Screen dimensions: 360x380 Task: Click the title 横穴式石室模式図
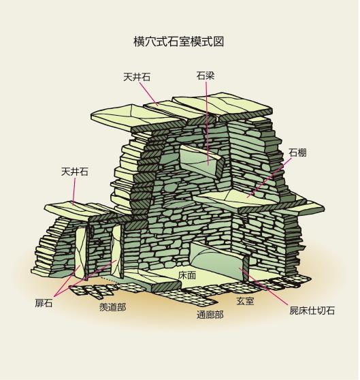click(179, 42)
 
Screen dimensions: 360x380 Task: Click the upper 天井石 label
click(137, 77)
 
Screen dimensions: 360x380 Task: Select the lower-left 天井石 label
click(75, 172)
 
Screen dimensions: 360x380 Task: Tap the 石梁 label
click(206, 76)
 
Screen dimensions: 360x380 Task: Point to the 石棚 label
click(297, 153)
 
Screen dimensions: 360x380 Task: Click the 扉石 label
click(44, 303)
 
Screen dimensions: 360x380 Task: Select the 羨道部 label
click(112, 307)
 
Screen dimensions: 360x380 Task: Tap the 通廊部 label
click(210, 315)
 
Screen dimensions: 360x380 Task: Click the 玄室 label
click(245, 301)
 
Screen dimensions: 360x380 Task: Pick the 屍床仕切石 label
click(312, 311)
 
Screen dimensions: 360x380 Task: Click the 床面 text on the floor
click(187, 275)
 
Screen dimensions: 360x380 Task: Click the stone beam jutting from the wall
click(201, 161)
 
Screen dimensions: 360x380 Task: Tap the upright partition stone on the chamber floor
click(220, 262)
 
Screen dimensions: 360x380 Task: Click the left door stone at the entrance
click(80, 253)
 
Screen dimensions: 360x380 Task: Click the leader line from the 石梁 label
click(208, 123)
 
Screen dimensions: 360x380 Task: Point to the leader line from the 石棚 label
click(269, 178)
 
